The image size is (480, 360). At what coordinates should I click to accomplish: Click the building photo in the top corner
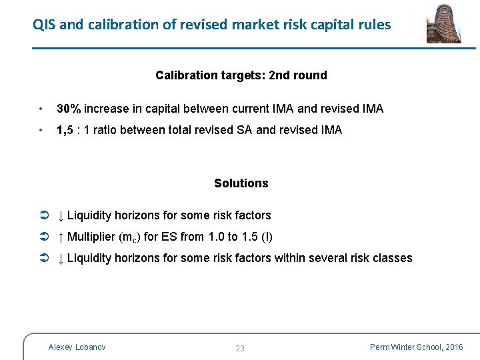tap(444, 23)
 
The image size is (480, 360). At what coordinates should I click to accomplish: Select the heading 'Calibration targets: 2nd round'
tap(241, 75)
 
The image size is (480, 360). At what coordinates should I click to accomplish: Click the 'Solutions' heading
tap(241, 183)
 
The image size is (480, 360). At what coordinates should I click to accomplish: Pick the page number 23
tap(240, 349)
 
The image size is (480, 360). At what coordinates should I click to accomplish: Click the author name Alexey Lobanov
tap(77, 347)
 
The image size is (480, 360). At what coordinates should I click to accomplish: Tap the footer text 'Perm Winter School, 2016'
tap(417, 347)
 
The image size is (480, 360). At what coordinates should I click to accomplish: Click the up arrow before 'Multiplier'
tap(60, 237)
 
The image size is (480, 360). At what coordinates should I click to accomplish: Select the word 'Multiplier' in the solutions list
tap(91, 237)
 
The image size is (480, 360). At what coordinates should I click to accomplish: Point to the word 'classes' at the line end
tap(392, 258)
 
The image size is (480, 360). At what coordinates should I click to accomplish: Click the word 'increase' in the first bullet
tap(107, 109)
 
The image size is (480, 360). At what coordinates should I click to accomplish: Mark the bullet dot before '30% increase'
tap(41, 109)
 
